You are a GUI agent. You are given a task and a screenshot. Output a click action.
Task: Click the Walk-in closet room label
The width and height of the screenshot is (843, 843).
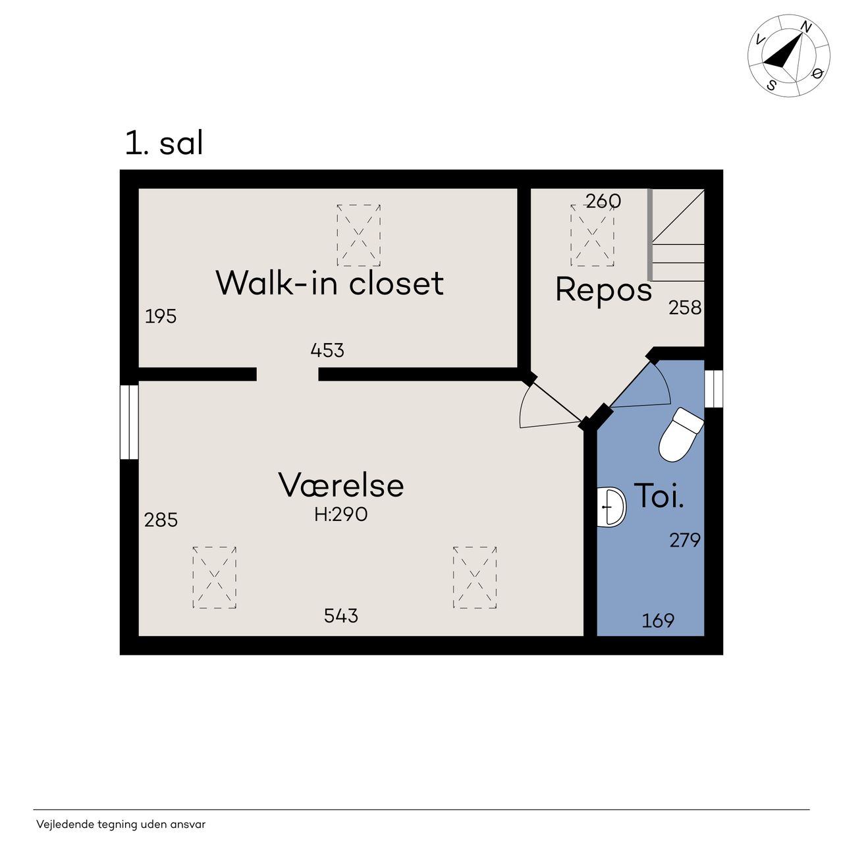point(330,283)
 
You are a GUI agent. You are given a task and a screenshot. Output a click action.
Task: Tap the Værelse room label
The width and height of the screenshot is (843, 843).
point(340,485)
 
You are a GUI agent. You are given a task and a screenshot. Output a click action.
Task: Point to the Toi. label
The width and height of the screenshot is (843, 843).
point(659,495)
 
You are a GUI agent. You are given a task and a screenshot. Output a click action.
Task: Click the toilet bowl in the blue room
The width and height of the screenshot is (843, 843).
point(680,435)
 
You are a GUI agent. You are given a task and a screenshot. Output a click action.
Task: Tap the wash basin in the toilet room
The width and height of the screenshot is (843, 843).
point(611,506)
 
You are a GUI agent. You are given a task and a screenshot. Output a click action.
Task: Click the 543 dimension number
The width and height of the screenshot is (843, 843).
point(340,616)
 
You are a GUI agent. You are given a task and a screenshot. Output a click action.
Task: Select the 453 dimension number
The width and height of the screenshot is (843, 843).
point(327,350)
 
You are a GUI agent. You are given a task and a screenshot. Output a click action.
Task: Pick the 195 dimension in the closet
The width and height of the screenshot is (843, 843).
point(161,316)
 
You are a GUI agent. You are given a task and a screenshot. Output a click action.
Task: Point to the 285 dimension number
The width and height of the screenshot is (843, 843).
point(161,520)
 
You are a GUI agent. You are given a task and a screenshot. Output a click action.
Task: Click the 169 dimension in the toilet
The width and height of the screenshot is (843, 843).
point(658,620)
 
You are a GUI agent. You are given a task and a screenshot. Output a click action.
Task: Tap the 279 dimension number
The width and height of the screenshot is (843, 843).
point(685,540)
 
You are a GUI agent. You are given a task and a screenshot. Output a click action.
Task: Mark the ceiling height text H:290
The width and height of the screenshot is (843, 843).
point(340,514)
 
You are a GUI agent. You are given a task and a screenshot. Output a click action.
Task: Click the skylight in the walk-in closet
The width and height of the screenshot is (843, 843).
point(359,235)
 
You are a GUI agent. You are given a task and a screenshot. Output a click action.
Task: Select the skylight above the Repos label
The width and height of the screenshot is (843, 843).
point(592,235)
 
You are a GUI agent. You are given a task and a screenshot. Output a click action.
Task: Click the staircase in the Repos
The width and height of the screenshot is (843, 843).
point(676,235)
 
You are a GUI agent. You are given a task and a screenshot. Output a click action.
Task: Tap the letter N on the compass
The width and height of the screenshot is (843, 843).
point(806,27)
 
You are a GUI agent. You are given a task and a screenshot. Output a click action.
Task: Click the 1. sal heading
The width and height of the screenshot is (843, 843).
point(164,143)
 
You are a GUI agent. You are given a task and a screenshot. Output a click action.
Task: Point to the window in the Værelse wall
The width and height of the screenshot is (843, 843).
point(129,422)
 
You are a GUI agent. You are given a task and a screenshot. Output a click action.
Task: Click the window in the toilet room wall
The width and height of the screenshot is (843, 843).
point(713,389)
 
